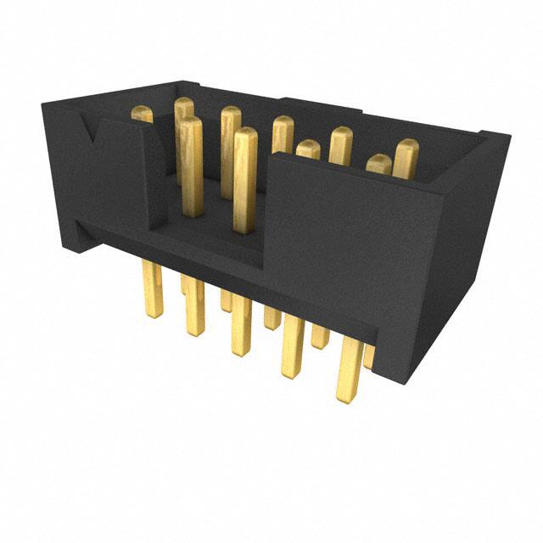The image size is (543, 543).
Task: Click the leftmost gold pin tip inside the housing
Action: coord(142,114)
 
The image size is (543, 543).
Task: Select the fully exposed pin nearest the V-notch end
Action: coord(192,161)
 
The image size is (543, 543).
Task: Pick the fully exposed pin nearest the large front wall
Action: coord(244,178)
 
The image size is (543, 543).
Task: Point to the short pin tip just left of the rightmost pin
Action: coord(378,164)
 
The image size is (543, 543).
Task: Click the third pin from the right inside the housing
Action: coord(341,144)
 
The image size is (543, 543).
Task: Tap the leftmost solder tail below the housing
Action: coord(154,288)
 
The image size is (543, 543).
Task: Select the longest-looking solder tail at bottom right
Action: coord(349,369)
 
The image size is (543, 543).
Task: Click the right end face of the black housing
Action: coord(475,246)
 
